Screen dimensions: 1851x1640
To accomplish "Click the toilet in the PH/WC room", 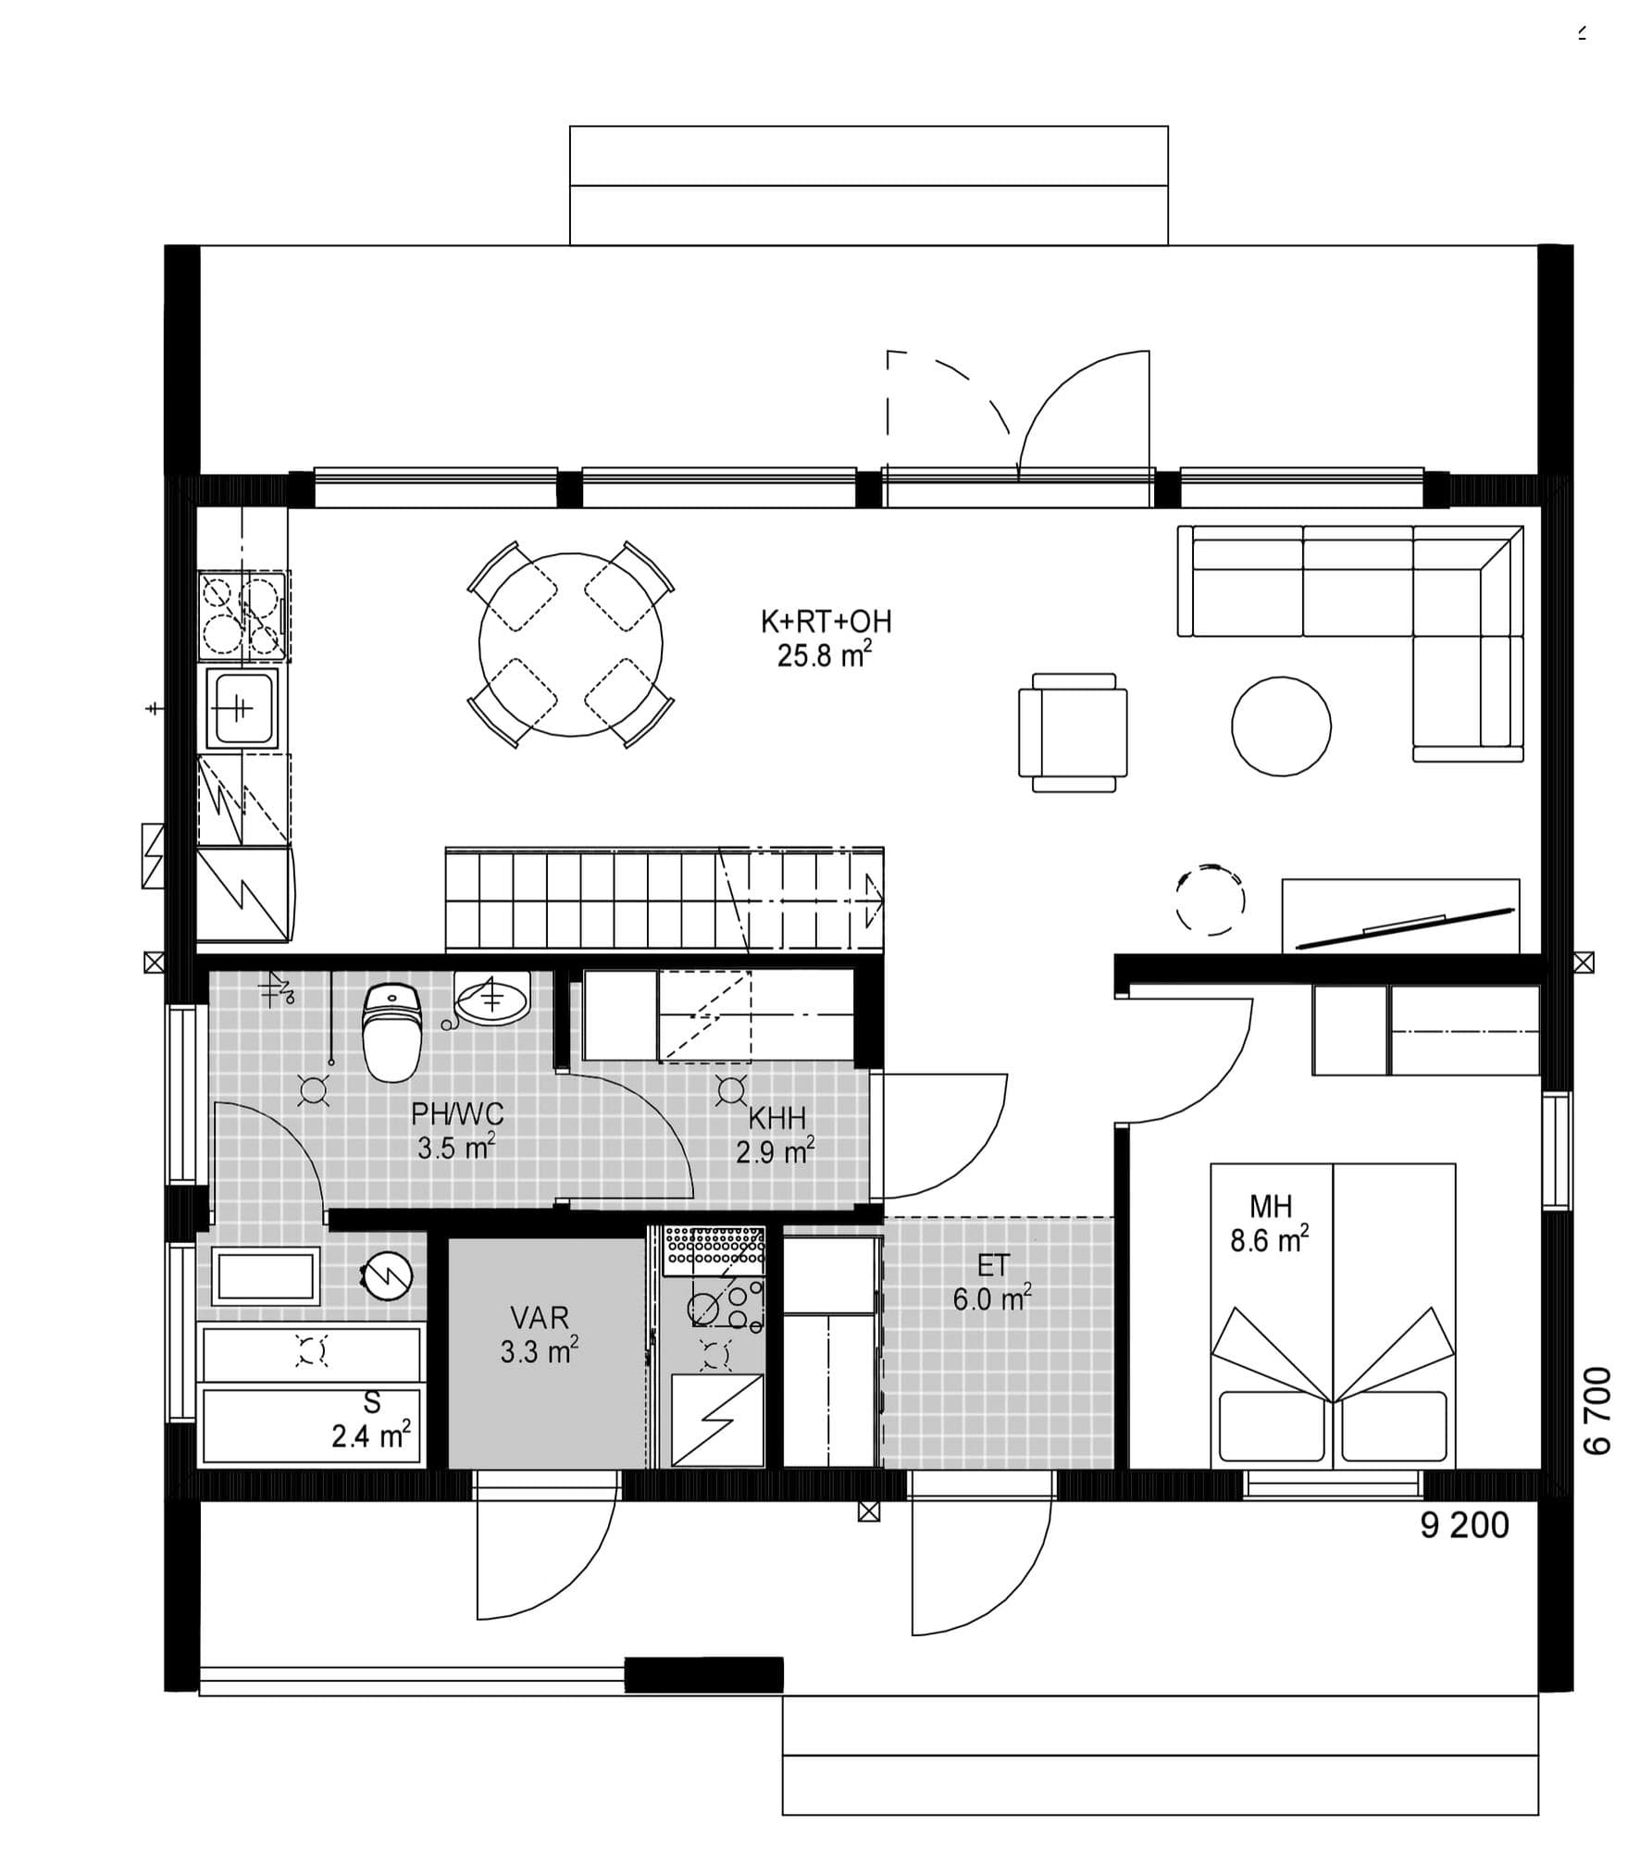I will [392, 1031].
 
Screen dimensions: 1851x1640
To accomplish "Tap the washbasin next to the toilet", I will [493, 999].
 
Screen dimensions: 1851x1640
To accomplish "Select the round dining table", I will [571, 644].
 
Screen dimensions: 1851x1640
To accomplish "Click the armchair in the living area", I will [1073, 732].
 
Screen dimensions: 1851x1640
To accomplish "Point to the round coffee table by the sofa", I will [1281, 726].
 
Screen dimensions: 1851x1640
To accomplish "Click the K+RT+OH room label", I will [826, 621].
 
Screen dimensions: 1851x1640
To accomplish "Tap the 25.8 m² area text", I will [824, 656].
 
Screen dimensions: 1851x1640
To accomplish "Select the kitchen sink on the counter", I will [241, 707].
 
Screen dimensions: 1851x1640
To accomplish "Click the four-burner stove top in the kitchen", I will [242, 616].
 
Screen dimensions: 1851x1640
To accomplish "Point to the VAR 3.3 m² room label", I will [540, 1335].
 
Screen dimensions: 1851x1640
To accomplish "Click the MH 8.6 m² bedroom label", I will [1270, 1224].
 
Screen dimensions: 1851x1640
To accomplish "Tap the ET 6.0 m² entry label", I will [992, 1283].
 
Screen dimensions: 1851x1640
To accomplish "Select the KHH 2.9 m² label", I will [776, 1136].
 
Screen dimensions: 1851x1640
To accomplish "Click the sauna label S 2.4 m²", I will [371, 1419].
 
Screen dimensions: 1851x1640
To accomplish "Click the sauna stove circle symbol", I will [387, 1276].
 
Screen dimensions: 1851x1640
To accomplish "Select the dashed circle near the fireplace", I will [1210, 900].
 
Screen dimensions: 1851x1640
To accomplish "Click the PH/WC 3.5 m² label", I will [457, 1131].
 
